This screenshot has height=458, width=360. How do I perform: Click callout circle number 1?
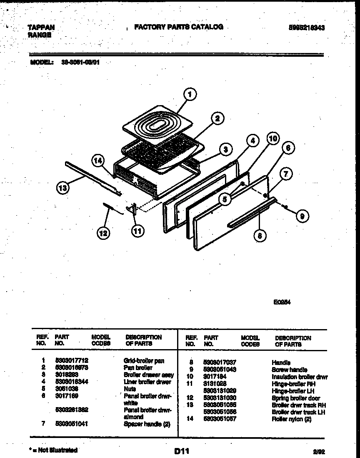pyautogui.click(x=190, y=95)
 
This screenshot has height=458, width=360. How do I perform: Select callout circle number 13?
pyautogui.click(x=63, y=188)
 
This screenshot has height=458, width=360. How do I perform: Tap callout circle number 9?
pyautogui.click(x=303, y=215)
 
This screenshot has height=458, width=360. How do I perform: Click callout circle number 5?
pyautogui.click(x=225, y=199)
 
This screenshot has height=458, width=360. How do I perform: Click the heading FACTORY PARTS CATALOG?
pyautogui.click(x=179, y=27)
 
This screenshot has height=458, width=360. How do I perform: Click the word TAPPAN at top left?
pyautogui.click(x=41, y=28)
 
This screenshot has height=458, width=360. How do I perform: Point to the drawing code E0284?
pyautogui.click(x=282, y=303)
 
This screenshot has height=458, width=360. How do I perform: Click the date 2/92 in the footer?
pyautogui.click(x=318, y=451)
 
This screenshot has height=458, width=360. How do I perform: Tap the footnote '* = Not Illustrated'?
pyautogui.click(x=53, y=450)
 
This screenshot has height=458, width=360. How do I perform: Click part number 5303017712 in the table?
pyautogui.click(x=72, y=360)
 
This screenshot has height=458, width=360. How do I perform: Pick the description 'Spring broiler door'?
pyautogui.click(x=296, y=398)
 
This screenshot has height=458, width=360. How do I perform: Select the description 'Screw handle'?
pyautogui.click(x=290, y=370)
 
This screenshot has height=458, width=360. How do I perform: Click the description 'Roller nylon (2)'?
pyautogui.click(x=291, y=419)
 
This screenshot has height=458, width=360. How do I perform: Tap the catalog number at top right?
pyautogui.click(x=307, y=28)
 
